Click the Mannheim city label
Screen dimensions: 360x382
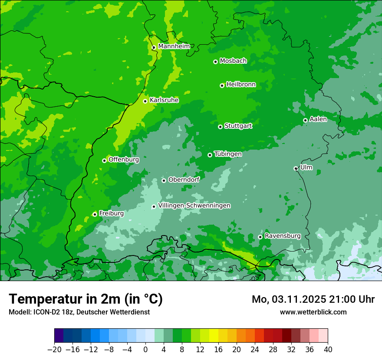click(x=174, y=46)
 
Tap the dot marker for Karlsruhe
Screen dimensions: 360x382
click(x=145, y=101)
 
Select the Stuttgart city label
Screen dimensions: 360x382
click(x=238, y=126)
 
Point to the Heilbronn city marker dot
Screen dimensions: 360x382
click(x=222, y=85)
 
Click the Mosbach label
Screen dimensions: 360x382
click(x=233, y=61)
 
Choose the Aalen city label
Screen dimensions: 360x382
click(x=318, y=119)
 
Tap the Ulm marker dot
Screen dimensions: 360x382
click(x=296, y=168)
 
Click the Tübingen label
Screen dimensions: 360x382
click(x=228, y=154)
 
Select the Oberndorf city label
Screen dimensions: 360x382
click(x=184, y=180)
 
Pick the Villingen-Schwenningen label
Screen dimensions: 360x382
click(x=194, y=206)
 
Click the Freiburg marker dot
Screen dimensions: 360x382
click(x=95, y=214)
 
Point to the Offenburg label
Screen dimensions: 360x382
click(x=124, y=160)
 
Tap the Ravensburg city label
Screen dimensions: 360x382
click(x=283, y=236)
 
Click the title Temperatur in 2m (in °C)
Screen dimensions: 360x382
click(x=86, y=299)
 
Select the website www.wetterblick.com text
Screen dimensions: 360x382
click(x=313, y=312)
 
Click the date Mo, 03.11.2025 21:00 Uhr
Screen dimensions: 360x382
click(x=313, y=300)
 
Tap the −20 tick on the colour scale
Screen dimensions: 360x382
click(x=54, y=350)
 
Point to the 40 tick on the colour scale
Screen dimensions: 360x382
click(x=328, y=350)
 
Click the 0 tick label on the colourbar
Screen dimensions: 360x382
click(x=145, y=350)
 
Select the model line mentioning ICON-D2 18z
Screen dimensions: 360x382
click(x=79, y=312)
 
